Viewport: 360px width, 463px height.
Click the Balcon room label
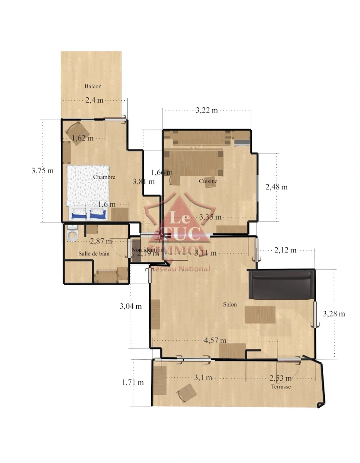[x=93, y=87]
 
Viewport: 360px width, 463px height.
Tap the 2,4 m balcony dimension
[x=94, y=101]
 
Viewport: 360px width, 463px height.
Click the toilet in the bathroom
[x=72, y=235]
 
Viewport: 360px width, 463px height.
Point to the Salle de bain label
[x=94, y=254]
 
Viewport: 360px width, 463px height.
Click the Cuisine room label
[x=208, y=181]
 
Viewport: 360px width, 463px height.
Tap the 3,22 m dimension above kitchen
[x=207, y=111]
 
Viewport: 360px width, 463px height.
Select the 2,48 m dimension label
[x=276, y=187]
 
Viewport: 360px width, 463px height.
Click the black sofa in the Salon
[x=281, y=285]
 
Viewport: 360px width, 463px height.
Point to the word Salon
[x=230, y=305]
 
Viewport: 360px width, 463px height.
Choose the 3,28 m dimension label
[x=334, y=314]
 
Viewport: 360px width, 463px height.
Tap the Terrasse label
[x=281, y=387]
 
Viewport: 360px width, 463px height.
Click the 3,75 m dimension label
[x=42, y=171]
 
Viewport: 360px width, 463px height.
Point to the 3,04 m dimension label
[x=130, y=307]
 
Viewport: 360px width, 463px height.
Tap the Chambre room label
[x=104, y=177]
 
